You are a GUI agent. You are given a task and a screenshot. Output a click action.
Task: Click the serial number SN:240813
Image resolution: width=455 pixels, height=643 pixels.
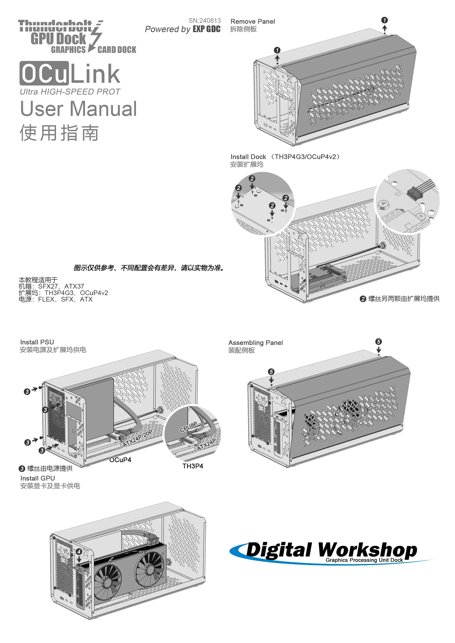204,21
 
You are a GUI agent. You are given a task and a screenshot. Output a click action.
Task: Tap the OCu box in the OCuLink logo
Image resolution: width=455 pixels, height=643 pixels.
44,73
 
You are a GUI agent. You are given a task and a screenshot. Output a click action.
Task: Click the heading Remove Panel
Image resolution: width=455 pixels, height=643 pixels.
252,22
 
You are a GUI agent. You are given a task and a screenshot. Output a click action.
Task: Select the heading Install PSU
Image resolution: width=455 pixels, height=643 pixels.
37,342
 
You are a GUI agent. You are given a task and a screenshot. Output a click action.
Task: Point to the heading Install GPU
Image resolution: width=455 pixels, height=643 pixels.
38,478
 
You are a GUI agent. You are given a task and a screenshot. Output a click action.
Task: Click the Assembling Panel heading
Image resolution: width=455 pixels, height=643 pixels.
255,343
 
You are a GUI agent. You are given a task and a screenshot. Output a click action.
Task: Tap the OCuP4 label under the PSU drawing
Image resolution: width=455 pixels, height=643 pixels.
120,460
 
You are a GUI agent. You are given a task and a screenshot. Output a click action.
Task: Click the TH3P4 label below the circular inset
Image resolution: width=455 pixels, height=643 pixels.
192,466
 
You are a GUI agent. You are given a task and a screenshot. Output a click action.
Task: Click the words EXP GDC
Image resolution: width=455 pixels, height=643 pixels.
206,29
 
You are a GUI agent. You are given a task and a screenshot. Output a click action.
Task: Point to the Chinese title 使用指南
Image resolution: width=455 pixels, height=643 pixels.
59,133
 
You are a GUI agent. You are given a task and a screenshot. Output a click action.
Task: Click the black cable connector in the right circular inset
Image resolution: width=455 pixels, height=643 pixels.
414,192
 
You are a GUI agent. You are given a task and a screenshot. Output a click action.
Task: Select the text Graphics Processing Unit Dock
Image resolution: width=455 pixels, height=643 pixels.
364,560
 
